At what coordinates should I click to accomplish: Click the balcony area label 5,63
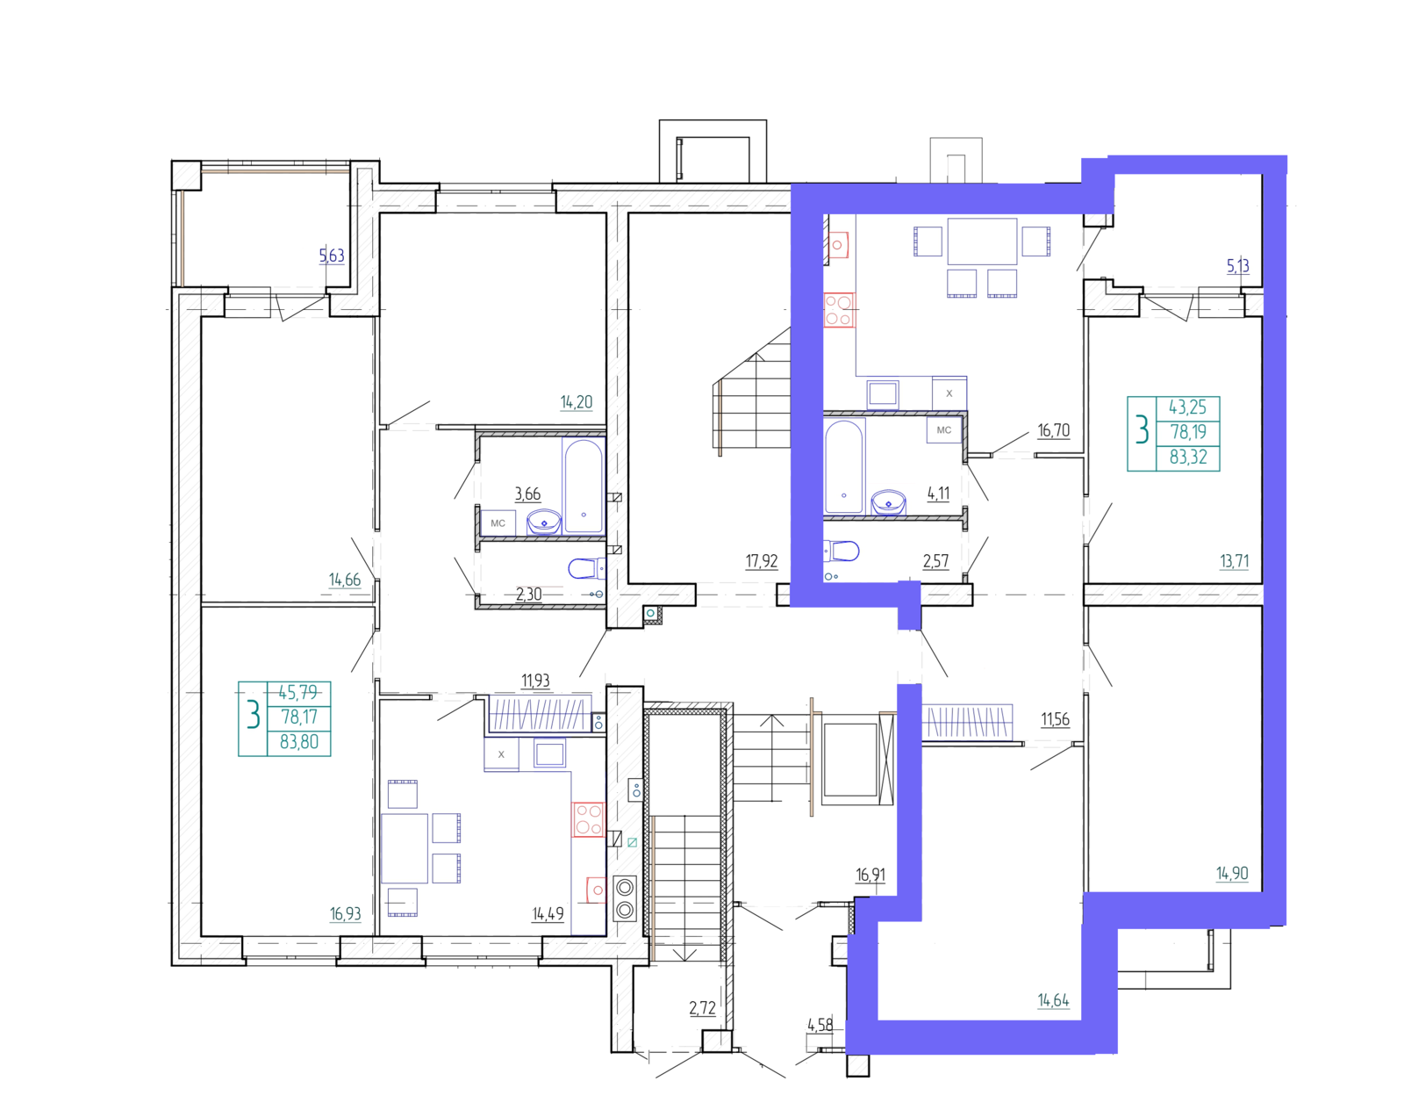[332, 256]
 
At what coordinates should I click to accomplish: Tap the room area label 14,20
[577, 402]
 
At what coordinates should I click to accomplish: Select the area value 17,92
[762, 561]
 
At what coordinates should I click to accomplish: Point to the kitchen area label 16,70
[1054, 430]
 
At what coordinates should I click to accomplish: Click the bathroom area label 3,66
[527, 494]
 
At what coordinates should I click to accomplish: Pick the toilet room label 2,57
[935, 561]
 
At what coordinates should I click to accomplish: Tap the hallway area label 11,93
[535, 681]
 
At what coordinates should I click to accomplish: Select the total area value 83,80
[299, 742]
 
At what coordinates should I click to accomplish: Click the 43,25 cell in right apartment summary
[1187, 407]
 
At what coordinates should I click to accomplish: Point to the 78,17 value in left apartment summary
[299, 717]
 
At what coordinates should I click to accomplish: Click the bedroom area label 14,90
[1232, 873]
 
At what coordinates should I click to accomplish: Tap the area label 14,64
[1053, 999]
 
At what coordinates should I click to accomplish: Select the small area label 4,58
[820, 1025]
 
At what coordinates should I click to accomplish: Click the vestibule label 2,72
[702, 1008]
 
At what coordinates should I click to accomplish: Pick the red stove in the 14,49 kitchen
[589, 819]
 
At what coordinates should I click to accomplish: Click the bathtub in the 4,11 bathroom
[844, 466]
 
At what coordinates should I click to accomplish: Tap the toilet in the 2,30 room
[586, 568]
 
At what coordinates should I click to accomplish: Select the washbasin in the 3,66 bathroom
[544, 523]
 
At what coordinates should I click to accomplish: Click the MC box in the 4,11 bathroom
[944, 430]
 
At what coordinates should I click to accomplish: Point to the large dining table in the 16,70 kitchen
[982, 241]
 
